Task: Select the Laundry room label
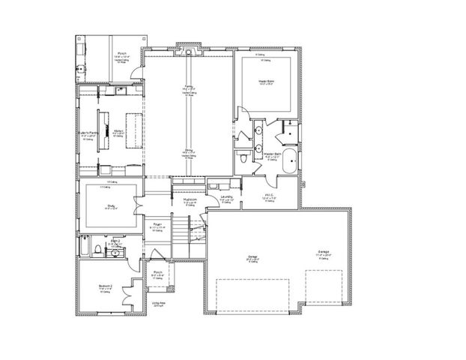coord(227,198)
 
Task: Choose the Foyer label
coord(158,224)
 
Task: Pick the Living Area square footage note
coord(158,304)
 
